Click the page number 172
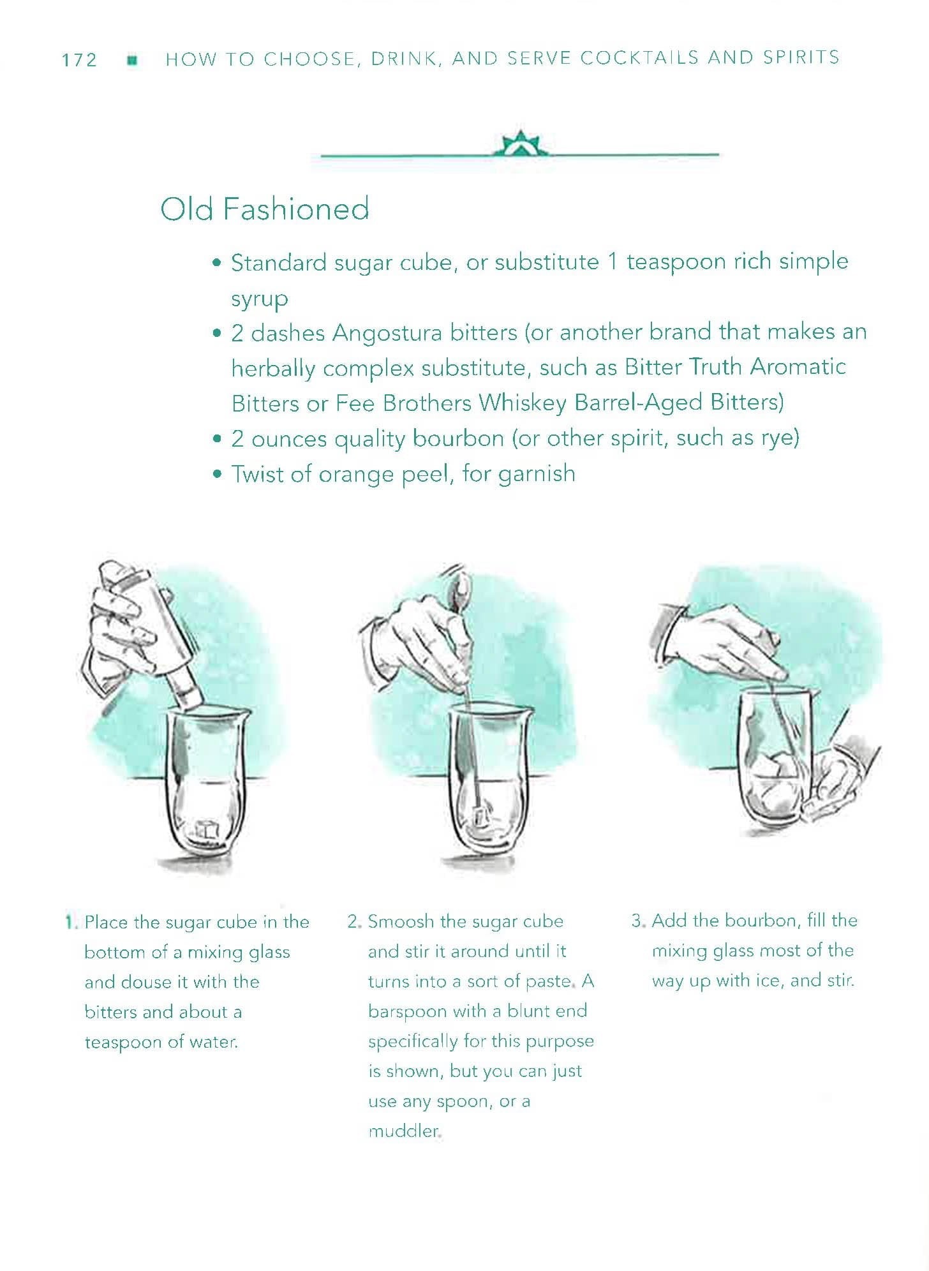(79, 60)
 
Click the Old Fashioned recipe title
(265, 209)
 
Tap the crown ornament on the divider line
(521, 145)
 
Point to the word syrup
(259, 299)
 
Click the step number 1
(70, 922)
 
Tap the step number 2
(355, 922)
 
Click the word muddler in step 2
(404, 1131)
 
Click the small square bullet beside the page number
(133, 60)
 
